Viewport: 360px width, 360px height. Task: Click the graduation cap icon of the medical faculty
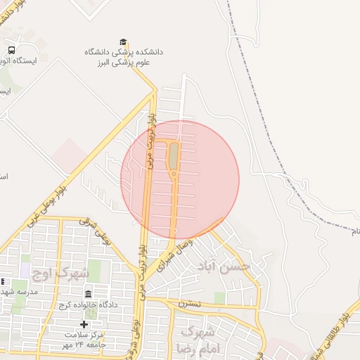[124, 42]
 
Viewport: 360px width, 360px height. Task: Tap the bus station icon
[12, 50]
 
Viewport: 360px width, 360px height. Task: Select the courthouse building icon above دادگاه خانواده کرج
[88, 294]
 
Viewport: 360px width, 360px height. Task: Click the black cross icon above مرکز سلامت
[84, 324]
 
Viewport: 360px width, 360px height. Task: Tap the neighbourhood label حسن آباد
[225, 267]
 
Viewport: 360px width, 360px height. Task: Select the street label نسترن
[190, 304]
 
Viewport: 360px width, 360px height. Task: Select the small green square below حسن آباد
[220, 298]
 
